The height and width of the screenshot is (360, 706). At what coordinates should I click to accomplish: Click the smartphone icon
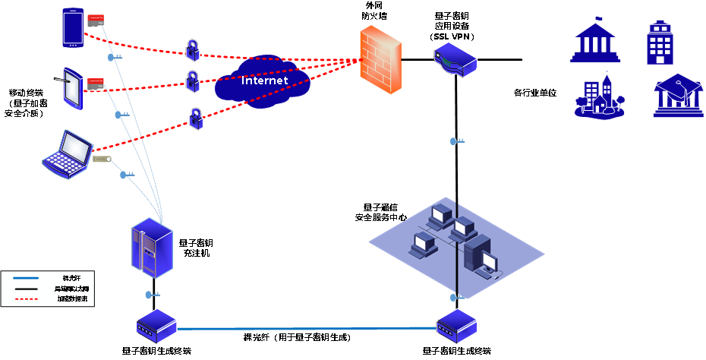click(73, 27)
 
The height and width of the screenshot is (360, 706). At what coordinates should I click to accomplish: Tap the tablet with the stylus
click(71, 88)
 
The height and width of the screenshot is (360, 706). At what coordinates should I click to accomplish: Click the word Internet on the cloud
click(264, 81)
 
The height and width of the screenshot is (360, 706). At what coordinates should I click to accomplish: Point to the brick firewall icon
click(380, 60)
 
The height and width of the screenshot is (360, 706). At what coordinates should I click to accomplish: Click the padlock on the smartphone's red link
click(194, 49)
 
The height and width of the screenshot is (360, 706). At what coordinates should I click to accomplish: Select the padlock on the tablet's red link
click(193, 80)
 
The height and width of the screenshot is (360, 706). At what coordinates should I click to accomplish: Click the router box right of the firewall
click(455, 59)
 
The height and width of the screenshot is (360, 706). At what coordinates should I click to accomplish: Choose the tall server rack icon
click(154, 248)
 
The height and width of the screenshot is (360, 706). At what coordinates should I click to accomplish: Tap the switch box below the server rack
click(156, 327)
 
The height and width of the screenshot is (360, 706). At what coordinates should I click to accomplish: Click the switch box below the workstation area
click(457, 327)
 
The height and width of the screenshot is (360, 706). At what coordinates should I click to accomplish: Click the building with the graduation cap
click(678, 96)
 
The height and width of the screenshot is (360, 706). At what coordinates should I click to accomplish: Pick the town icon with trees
click(600, 96)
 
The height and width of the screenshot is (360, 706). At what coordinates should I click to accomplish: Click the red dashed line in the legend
click(26, 299)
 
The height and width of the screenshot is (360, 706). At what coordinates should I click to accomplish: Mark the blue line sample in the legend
click(26, 278)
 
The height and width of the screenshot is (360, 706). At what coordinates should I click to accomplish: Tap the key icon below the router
click(456, 141)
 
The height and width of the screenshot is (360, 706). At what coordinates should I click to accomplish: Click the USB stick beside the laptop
click(102, 159)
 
